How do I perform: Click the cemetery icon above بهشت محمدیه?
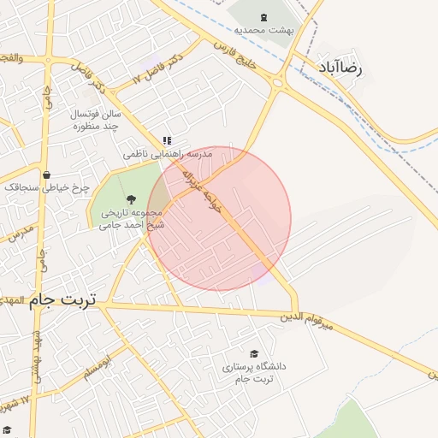(x=262, y=15)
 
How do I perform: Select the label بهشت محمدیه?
(x=265, y=29)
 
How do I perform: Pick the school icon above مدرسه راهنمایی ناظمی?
(x=168, y=140)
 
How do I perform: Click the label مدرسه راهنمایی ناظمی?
(x=167, y=154)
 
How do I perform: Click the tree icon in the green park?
(x=130, y=198)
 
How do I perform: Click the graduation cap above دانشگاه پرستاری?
(x=254, y=353)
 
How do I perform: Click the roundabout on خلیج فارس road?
(x=276, y=82)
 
